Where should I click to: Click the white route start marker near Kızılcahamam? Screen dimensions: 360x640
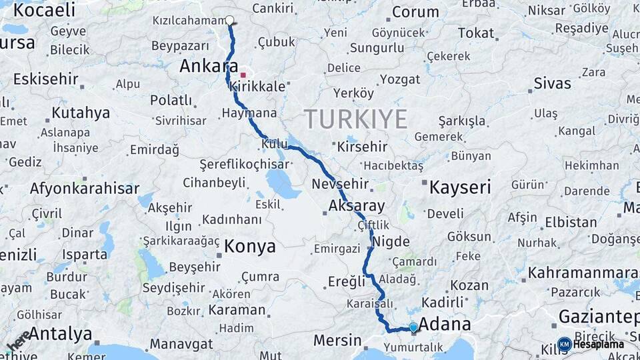click(x=230, y=20)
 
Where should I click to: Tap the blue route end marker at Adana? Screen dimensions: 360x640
click(x=413, y=327)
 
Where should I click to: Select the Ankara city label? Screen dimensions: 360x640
click(x=209, y=67)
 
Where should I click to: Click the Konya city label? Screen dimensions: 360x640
click(x=249, y=246)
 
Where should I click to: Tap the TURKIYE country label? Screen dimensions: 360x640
click(x=356, y=119)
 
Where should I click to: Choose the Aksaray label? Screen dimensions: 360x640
click(x=356, y=206)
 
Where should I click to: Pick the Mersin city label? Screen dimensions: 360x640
click(x=337, y=340)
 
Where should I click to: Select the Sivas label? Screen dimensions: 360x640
click(x=552, y=84)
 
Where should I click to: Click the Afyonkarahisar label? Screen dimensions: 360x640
click(x=84, y=188)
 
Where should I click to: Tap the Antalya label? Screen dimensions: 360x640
click(x=60, y=333)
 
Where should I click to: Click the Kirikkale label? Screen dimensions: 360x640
click(x=257, y=87)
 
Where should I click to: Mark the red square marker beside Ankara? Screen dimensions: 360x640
click(x=243, y=75)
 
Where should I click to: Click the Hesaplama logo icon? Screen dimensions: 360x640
click(x=564, y=344)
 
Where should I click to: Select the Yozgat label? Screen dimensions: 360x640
click(x=400, y=79)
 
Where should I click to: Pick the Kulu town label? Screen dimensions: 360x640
click(x=274, y=144)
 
